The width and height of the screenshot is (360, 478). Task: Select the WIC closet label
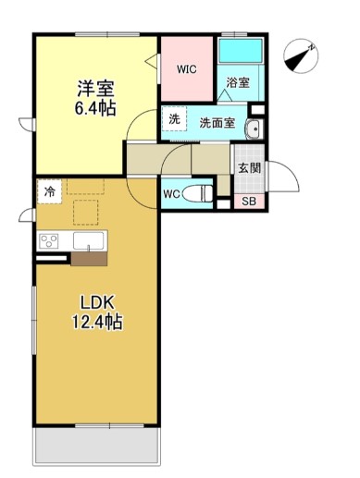click(x=188, y=68)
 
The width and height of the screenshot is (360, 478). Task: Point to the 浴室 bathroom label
click(x=238, y=82)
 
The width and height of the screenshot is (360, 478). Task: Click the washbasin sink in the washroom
click(x=254, y=129)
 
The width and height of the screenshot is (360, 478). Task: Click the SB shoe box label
click(x=249, y=202)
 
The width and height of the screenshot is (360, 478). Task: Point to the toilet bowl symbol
click(x=198, y=193)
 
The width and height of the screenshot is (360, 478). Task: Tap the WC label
click(x=171, y=194)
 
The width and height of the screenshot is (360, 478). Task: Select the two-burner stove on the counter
click(x=49, y=242)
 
